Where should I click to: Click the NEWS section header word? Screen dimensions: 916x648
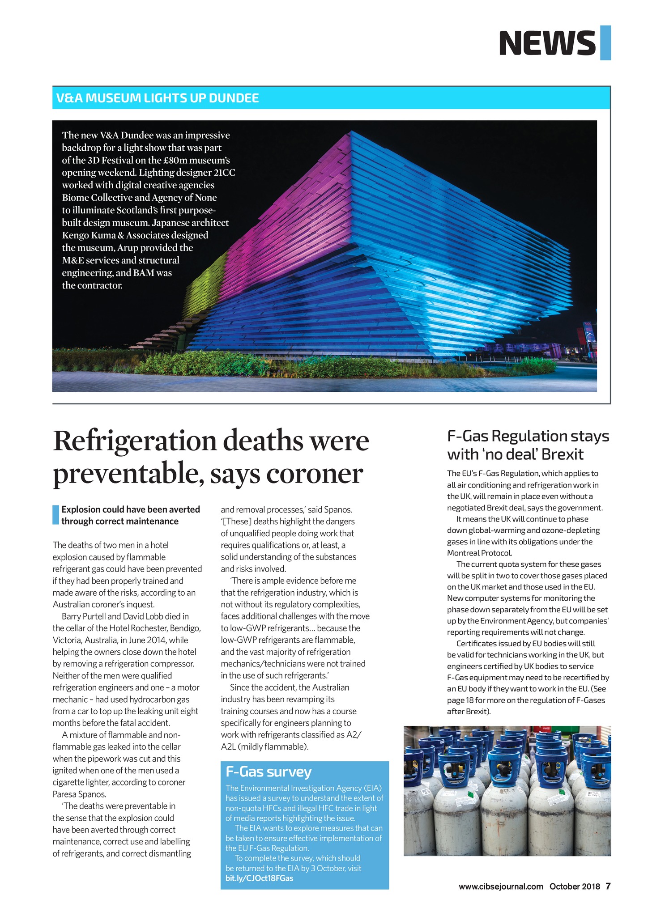click(x=547, y=43)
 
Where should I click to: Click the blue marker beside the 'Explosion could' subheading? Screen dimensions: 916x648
click(x=55, y=515)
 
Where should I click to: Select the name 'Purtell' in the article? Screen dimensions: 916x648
click(x=94, y=616)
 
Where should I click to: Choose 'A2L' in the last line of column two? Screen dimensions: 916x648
click(x=229, y=746)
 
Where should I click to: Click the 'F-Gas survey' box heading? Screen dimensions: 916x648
click(x=269, y=772)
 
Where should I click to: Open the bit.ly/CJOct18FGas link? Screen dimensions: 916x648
click(x=260, y=878)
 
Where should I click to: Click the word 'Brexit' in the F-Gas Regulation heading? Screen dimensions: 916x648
click(x=562, y=455)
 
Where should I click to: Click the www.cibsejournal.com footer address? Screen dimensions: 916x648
click(x=501, y=886)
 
